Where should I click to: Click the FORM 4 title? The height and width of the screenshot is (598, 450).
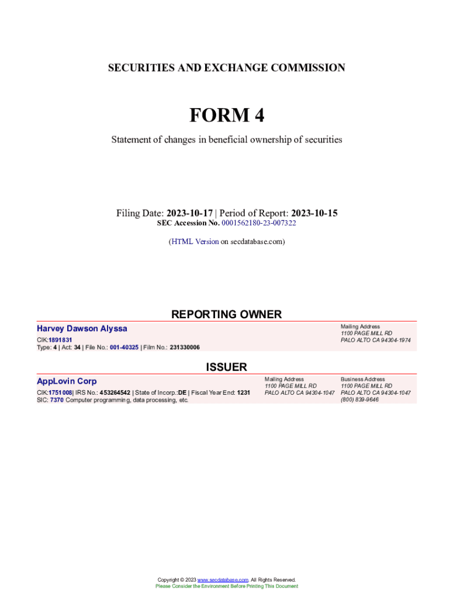226,116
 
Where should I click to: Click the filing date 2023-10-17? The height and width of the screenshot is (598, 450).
189,213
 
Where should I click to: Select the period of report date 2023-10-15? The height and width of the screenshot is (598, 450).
314,213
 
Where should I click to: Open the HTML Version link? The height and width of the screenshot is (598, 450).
195,241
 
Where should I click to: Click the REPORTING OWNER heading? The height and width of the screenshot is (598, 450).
226,314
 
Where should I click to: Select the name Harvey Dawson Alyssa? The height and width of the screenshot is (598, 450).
82,328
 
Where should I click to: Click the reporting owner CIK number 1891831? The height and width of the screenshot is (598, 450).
61,340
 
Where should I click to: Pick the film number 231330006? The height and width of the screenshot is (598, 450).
185,347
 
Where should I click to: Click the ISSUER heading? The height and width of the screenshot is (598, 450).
226,367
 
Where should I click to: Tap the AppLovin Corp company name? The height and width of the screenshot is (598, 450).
67,381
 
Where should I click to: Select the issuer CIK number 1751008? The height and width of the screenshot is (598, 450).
60,393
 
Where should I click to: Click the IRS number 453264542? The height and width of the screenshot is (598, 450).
115,393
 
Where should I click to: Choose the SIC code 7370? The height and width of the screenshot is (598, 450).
57,401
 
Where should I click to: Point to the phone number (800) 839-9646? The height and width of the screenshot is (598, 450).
359,400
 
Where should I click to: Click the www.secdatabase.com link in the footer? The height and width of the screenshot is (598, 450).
223,580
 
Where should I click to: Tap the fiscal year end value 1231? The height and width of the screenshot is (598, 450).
244,393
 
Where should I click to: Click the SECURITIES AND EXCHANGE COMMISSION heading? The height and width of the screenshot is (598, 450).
226,68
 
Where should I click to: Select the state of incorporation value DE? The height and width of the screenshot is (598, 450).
182,393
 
